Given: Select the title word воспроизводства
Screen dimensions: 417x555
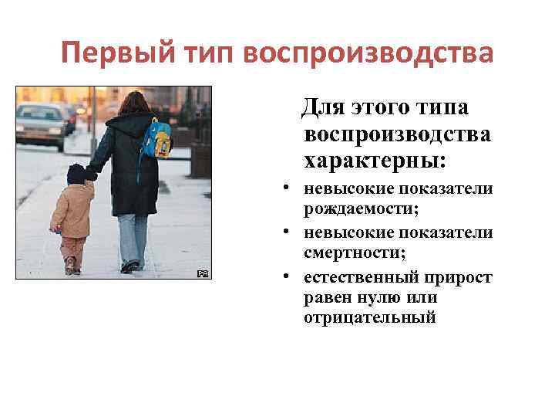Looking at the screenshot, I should point(367,53).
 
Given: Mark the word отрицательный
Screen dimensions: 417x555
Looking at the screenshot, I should point(370,317).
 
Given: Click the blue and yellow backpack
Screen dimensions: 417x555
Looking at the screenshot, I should point(157,140).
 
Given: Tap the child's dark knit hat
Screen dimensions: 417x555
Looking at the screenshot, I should point(76,174).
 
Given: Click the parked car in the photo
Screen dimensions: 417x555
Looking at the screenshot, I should point(42,124).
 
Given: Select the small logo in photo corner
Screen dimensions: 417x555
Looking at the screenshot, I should point(203,273).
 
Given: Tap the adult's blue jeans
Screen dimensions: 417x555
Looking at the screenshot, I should point(132,236).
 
